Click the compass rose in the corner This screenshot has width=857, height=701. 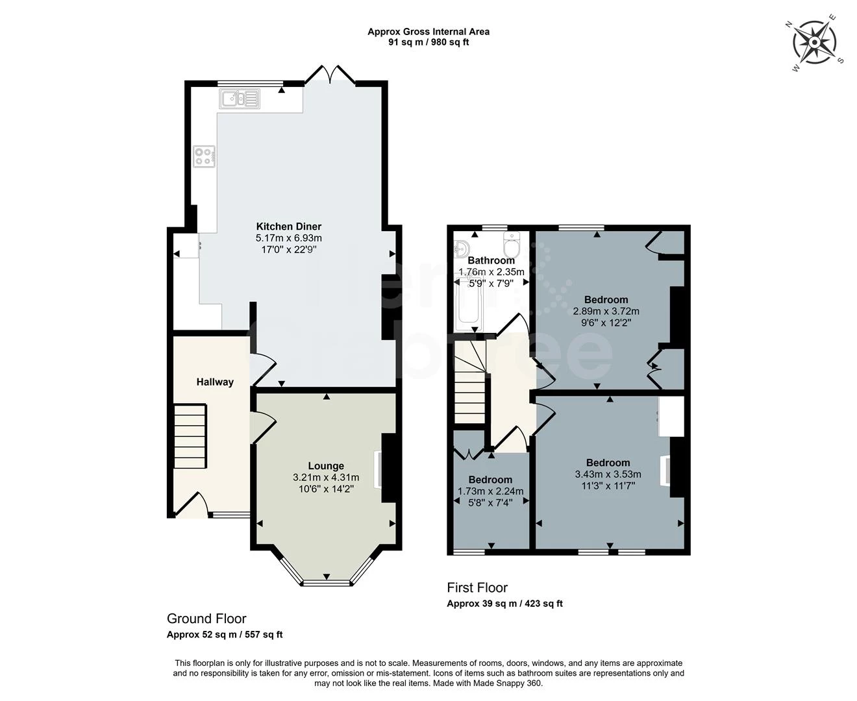[x=814, y=43]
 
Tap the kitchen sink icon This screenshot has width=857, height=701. [x=240, y=99]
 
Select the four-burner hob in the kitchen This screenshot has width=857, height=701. [x=204, y=156]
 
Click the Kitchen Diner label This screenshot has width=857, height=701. [x=289, y=227]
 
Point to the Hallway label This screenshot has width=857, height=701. [x=215, y=382]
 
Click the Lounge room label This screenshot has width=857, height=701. [x=326, y=465]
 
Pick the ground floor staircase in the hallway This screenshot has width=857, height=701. [x=190, y=435]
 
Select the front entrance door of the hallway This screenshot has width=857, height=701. [x=192, y=506]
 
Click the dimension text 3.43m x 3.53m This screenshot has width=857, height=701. [x=608, y=474]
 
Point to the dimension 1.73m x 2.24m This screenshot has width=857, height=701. [x=490, y=491]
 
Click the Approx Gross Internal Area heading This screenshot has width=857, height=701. [x=429, y=31]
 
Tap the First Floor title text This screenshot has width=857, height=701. [x=477, y=587]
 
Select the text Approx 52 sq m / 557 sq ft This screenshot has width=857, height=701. [x=225, y=635]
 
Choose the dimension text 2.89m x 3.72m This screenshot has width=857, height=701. [x=606, y=311]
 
